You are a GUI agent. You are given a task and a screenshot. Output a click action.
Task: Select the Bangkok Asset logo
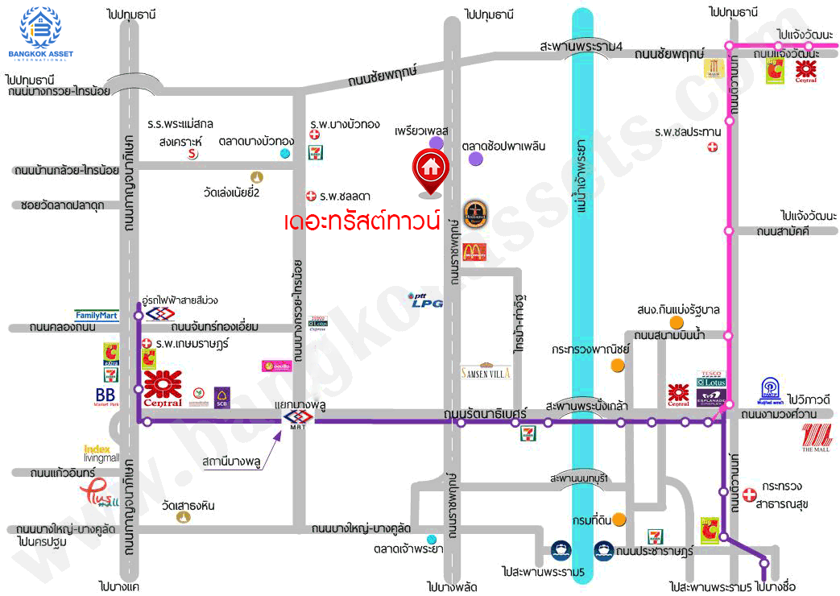pos(40,33)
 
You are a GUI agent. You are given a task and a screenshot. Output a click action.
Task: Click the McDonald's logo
pos(474,251)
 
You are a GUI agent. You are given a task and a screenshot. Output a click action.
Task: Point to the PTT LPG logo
pos(422,300)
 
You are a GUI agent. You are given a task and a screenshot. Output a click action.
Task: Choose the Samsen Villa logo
pos(485,371)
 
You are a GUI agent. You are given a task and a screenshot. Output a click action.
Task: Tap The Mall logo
pos(818,438)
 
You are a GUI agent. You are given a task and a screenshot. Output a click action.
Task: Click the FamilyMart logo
pos(97,315)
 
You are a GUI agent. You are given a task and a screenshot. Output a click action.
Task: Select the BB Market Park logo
pos(105,397)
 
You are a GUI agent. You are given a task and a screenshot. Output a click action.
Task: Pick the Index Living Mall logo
pos(101,453)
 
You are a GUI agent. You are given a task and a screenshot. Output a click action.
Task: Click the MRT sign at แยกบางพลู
pos(293,417)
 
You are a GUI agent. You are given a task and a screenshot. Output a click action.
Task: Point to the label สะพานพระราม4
pos(582,47)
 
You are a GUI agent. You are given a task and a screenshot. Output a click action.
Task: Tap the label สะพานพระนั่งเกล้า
pos(586,405)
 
